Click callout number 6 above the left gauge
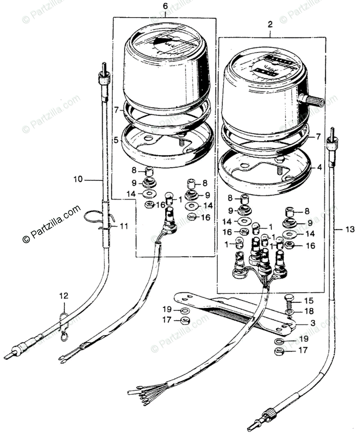tap(165, 5)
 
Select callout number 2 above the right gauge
tap(269, 25)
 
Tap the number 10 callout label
tap(78, 179)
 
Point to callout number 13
tap(349, 229)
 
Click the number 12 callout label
tap(64, 296)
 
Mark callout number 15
tap(308, 301)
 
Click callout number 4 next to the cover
tap(319, 168)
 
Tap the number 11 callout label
tap(124, 226)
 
